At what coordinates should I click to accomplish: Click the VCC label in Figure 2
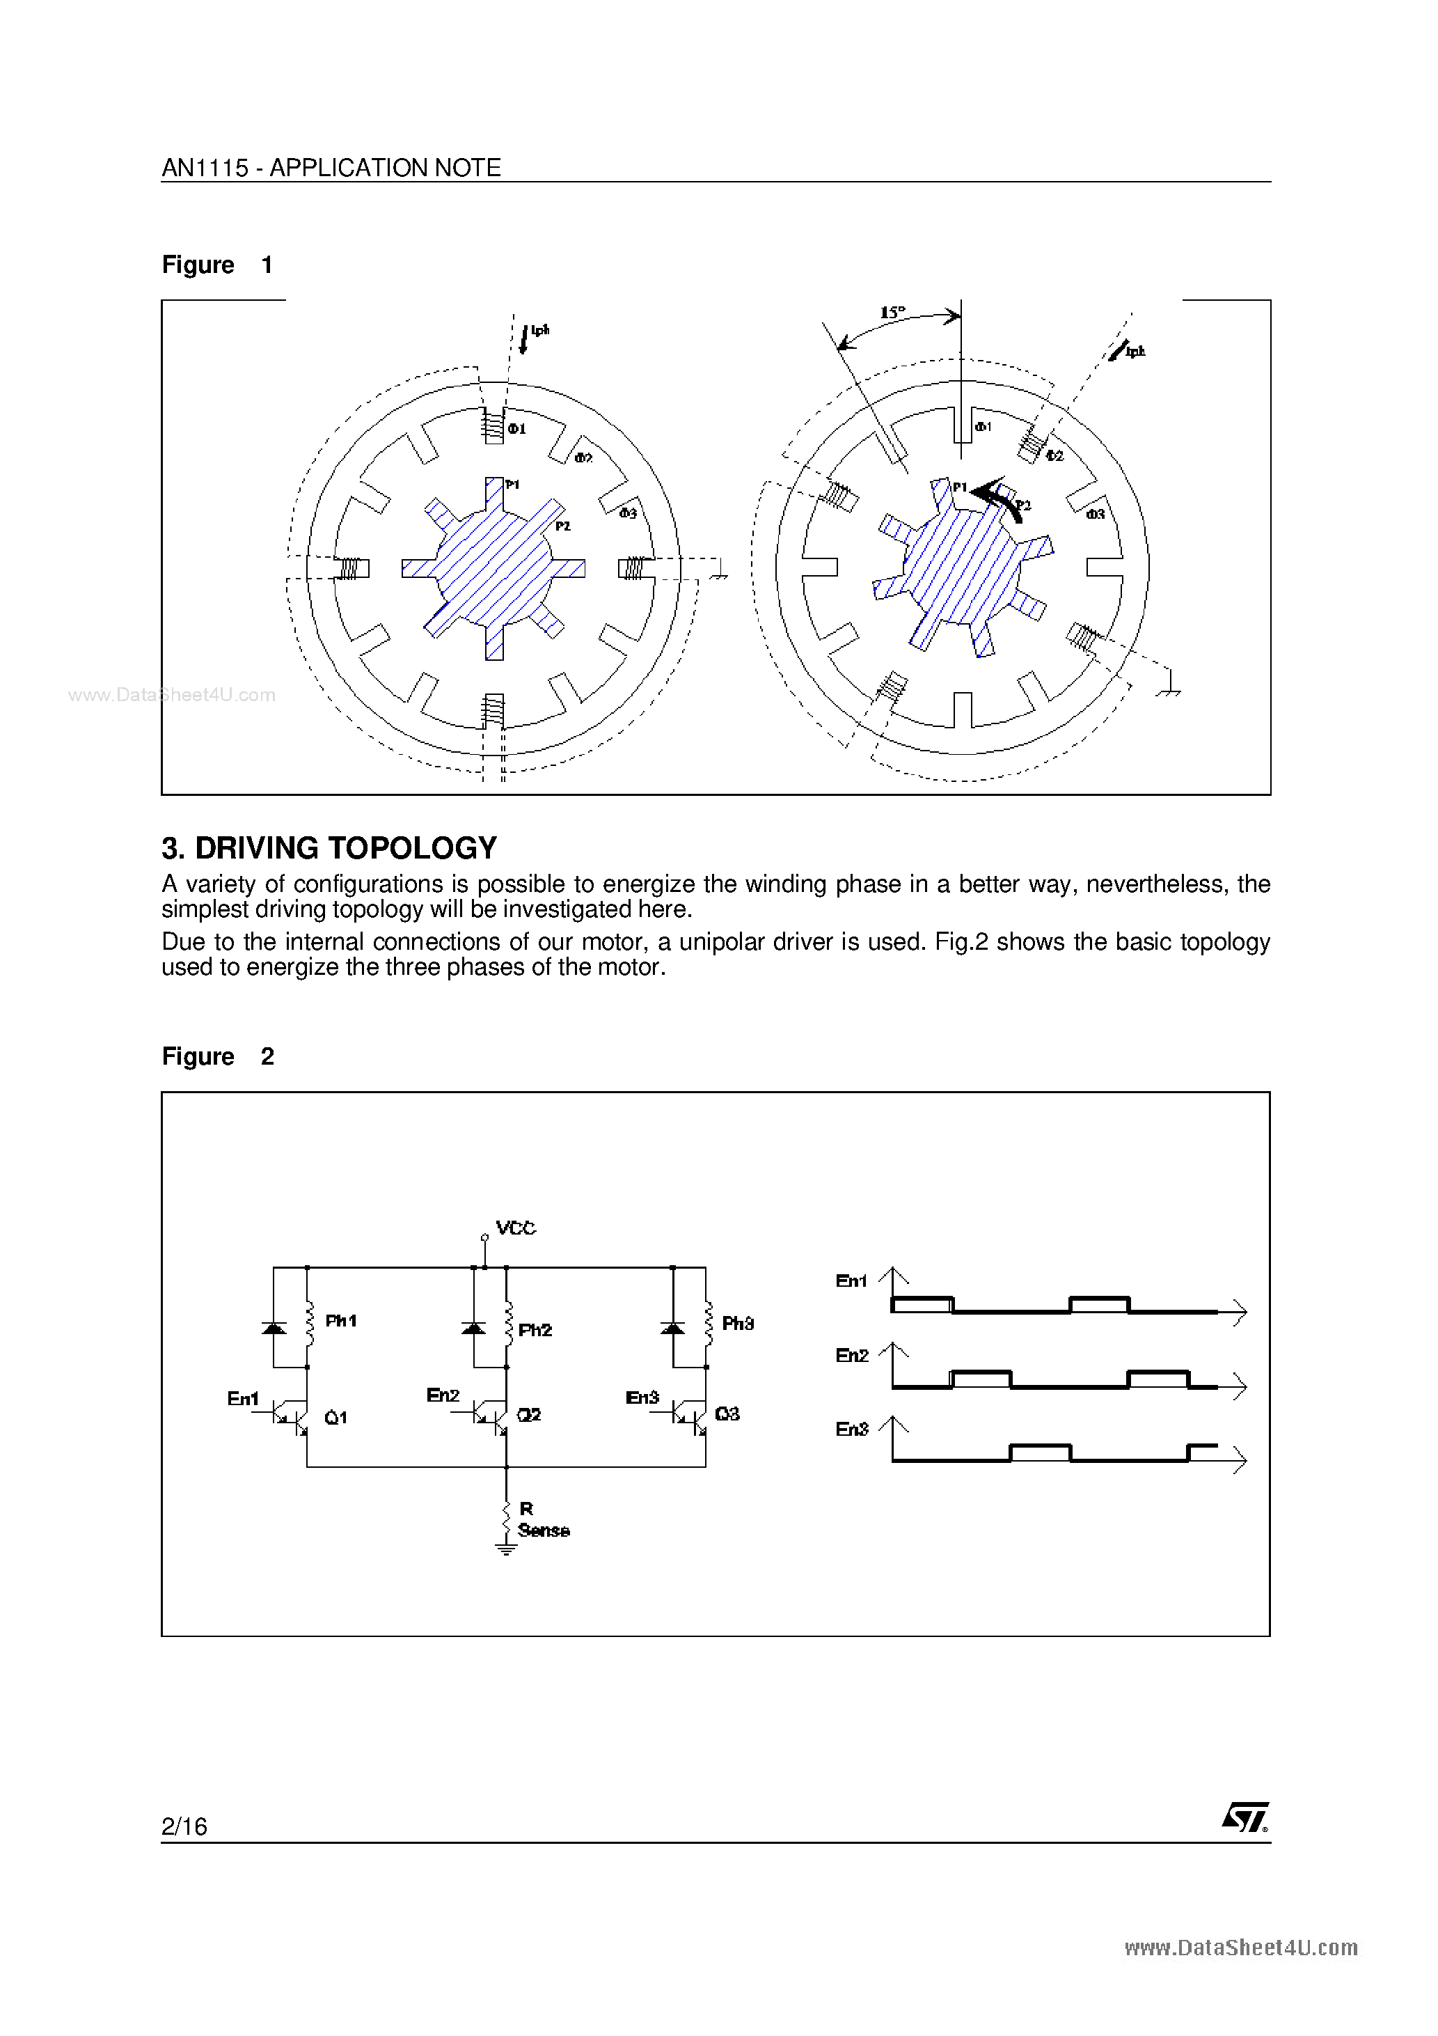click(x=515, y=1228)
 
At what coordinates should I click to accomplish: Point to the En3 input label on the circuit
click(x=642, y=1397)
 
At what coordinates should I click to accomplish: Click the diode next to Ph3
click(x=673, y=1327)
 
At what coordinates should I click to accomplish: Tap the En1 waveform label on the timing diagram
click(x=851, y=1281)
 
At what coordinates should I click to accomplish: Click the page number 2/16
click(x=184, y=1826)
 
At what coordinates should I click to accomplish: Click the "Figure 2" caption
click(x=217, y=1056)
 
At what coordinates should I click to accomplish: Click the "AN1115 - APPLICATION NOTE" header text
click(x=331, y=168)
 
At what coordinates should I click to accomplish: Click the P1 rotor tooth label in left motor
click(x=512, y=484)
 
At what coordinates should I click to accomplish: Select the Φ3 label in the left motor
click(x=628, y=513)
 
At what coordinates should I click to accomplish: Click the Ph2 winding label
click(x=535, y=1329)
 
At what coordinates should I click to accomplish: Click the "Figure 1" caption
click(x=217, y=265)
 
